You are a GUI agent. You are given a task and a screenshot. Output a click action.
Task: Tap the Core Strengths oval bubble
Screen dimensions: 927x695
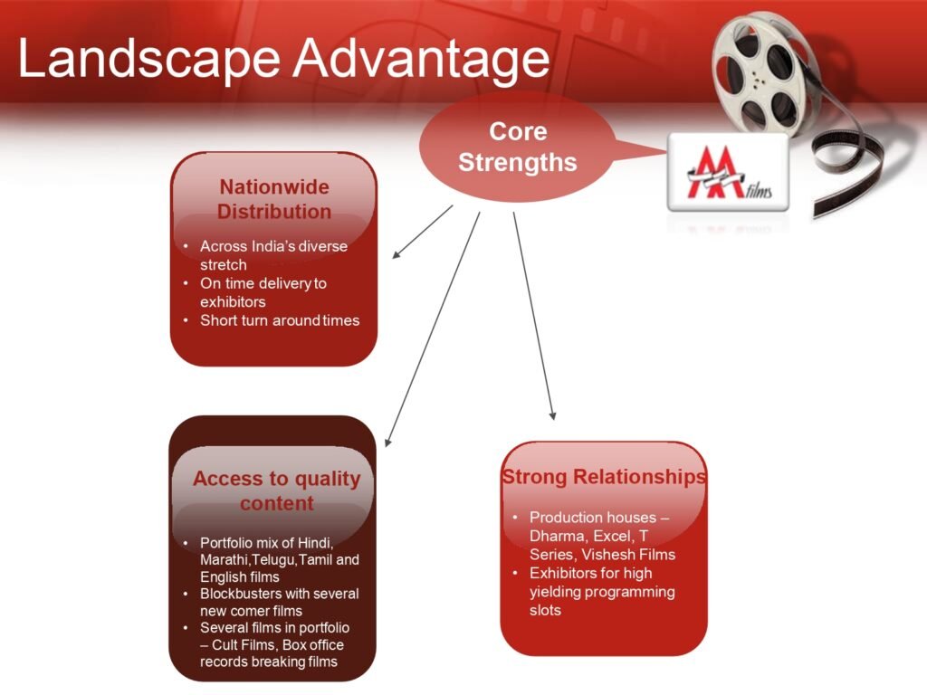pyautogui.click(x=517, y=147)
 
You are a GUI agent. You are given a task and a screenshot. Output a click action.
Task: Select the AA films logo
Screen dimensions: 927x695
pyautogui.click(x=729, y=172)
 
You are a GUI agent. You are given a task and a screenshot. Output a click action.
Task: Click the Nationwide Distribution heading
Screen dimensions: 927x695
pyautogui.click(x=274, y=199)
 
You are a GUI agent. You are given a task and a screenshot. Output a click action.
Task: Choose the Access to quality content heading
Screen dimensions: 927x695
pyautogui.click(x=277, y=490)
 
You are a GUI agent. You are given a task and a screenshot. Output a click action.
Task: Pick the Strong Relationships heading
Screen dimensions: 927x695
pyautogui.click(x=604, y=477)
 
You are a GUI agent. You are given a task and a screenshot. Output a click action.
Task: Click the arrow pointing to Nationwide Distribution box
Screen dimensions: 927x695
pyautogui.click(x=422, y=232)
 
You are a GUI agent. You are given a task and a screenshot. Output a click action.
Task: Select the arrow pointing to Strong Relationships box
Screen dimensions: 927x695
pyautogui.click(x=534, y=316)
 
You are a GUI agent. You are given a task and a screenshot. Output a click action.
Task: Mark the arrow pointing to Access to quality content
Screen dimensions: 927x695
pyautogui.click(x=432, y=328)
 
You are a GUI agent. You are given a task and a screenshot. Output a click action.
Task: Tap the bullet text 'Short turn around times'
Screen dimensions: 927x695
pyautogui.click(x=280, y=320)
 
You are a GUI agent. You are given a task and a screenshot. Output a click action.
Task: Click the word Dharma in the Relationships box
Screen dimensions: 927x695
pyautogui.click(x=558, y=536)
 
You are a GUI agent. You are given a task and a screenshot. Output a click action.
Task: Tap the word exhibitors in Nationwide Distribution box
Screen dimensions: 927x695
pyautogui.click(x=233, y=302)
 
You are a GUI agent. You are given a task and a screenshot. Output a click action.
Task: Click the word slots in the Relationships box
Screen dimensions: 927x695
pyautogui.click(x=545, y=610)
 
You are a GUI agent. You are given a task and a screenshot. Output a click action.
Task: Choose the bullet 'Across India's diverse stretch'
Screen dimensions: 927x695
pyautogui.click(x=273, y=254)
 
